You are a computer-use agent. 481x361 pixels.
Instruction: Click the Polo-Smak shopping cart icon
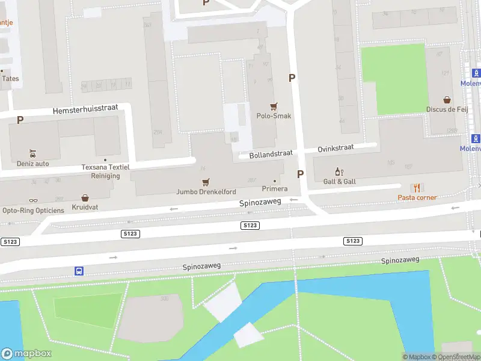[x=274, y=106]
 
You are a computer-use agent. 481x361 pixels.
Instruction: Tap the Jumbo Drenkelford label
[x=206, y=192]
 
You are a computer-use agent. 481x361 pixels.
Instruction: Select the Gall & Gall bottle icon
[x=339, y=171]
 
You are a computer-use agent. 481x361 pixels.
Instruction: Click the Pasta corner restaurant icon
[x=416, y=188]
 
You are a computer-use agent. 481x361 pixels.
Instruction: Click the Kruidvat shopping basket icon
[x=85, y=197]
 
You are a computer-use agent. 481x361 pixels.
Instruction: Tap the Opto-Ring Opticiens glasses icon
[x=33, y=201]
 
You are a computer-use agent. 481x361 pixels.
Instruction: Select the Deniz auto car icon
[x=33, y=153]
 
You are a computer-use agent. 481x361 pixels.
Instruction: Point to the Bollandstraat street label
[x=271, y=154]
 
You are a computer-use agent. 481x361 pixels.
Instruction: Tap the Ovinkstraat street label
[x=335, y=147]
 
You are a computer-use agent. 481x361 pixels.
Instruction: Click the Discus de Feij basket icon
[x=447, y=100]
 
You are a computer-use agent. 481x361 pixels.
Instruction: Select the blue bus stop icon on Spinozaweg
[x=79, y=271]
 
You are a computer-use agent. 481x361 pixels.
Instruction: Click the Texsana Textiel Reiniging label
[x=101, y=171]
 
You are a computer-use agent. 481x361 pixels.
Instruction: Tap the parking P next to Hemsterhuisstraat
[x=20, y=120]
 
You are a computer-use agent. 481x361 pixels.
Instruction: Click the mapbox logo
[x=26, y=354]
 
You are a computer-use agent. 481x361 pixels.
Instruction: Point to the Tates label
[x=10, y=78]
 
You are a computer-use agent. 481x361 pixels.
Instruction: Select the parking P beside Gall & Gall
[x=300, y=174]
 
